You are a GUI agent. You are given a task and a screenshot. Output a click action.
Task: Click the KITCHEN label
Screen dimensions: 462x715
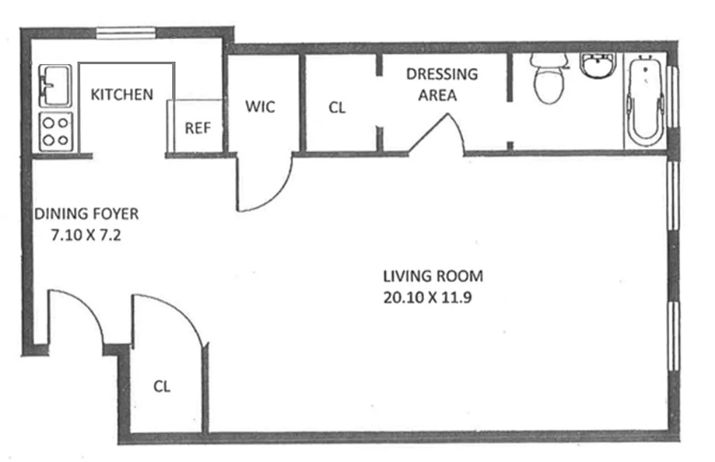(122, 94)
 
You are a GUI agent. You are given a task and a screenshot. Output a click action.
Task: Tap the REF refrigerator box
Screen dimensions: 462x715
(197, 128)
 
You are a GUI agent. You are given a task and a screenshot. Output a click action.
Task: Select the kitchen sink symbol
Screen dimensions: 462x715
(54, 85)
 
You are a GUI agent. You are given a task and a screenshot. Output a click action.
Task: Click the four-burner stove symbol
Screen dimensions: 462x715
(56, 131)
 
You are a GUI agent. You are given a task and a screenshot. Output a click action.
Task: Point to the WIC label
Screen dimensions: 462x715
(260, 107)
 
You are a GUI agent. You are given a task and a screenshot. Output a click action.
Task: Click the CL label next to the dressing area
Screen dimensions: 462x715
(337, 107)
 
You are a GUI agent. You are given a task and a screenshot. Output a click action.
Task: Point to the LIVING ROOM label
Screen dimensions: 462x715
(433, 276)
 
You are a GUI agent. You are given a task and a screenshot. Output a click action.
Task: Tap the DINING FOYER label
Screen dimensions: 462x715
(87, 214)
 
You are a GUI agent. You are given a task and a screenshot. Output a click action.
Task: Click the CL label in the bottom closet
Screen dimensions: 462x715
(162, 386)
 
